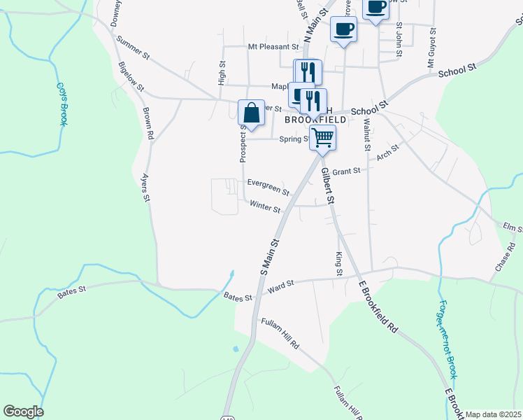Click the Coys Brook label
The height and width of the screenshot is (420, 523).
61,104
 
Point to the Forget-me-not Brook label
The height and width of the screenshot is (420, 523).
447,339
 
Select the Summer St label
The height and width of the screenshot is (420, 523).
134,46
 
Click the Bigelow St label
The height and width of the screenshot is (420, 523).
131,77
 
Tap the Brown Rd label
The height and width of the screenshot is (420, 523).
148,118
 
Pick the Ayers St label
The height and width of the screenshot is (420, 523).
146,188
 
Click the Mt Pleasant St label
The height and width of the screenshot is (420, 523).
273,47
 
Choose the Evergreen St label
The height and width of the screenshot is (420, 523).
268,186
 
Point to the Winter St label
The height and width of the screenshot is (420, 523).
265,208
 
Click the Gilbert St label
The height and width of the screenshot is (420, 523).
328,185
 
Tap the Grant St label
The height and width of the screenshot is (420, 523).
346,171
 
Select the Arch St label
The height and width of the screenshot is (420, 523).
387,152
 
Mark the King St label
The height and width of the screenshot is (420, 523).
339,262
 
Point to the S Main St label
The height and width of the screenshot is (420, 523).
269,260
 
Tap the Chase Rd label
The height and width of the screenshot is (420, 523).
503,259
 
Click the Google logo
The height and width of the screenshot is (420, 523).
23,412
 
